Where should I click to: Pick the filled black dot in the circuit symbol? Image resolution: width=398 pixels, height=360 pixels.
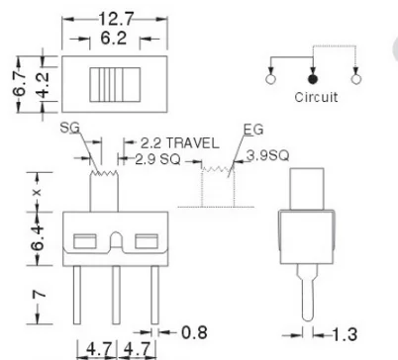313,77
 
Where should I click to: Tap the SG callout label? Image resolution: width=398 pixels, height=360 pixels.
69,129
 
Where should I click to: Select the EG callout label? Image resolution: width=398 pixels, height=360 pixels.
252,129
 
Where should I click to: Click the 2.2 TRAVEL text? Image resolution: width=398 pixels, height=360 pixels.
177,142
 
